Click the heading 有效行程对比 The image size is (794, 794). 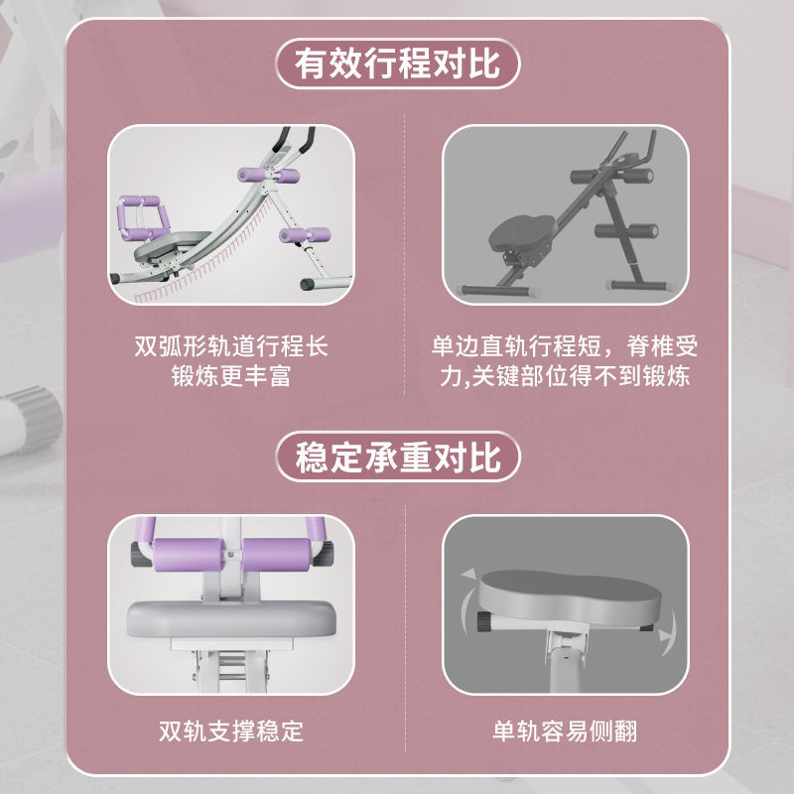(398, 64)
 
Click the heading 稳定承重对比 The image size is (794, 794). (398, 457)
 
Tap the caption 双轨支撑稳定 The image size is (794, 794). (231, 731)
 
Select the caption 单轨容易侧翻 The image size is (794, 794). (565, 731)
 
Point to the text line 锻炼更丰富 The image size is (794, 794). (231, 376)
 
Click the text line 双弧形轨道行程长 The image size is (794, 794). (231, 346)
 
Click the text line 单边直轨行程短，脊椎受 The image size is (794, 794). (565, 346)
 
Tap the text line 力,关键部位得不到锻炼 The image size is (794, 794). (565, 376)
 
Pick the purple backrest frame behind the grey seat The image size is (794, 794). (142, 217)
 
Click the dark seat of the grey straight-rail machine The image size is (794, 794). (522, 234)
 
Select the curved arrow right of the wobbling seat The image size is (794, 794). (669, 632)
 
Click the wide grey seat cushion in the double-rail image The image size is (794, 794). (231, 618)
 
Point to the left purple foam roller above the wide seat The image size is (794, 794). (188, 555)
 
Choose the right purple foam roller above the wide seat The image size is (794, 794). (277, 555)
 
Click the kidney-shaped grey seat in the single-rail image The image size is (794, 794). (569, 597)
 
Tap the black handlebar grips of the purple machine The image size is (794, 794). (294, 139)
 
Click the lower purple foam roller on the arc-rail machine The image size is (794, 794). (305, 235)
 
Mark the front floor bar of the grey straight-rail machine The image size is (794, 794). (494, 291)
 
